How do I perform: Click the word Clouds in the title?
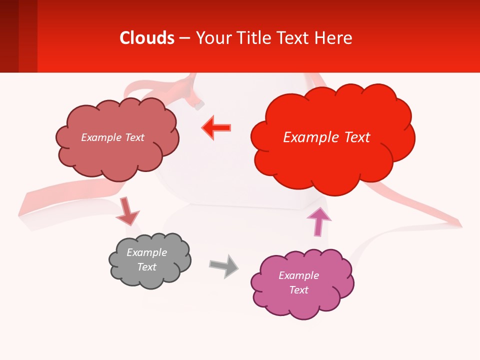tap(147, 38)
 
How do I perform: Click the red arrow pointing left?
tap(216, 128)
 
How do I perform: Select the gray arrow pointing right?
tap(224, 265)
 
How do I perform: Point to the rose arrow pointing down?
tap(127, 211)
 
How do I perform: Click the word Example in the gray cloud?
tap(146, 252)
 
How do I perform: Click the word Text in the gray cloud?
tap(146, 267)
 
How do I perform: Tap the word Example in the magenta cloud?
tap(298, 275)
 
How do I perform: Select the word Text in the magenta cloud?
tap(298, 290)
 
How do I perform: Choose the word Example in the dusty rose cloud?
tap(101, 137)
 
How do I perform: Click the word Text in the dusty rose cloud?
tap(134, 137)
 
